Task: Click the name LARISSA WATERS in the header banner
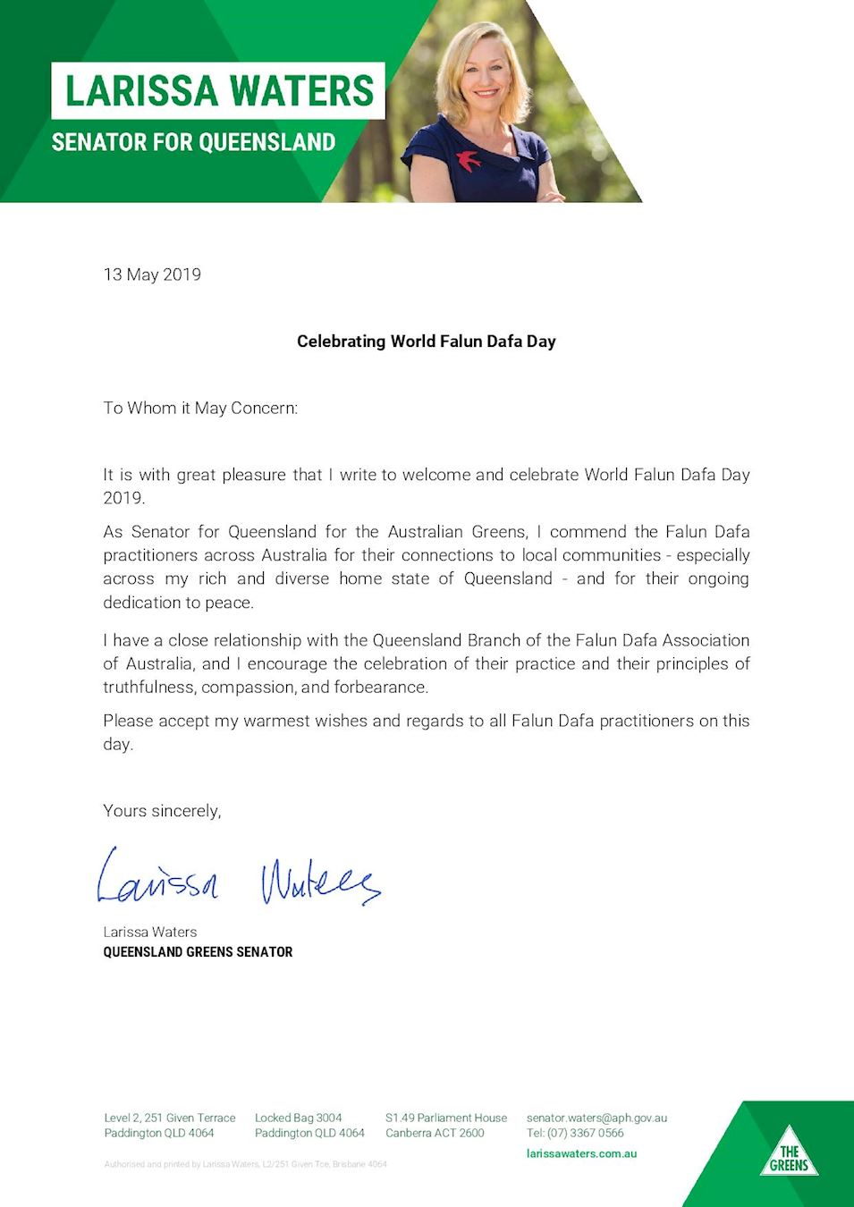click(219, 90)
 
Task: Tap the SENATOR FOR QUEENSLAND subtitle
click(193, 142)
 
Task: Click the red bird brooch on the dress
click(469, 160)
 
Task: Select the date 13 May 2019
click(152, 274)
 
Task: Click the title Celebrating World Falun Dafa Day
click(427, 342)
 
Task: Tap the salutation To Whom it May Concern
click(200, 409)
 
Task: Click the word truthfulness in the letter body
click(149, 688)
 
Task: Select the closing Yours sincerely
click(162, 811)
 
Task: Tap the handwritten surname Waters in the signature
click(320, 882)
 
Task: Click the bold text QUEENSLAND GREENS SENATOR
click(198, 952)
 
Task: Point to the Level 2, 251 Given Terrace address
click(170, 1118)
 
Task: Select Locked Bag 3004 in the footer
click(298, 1118)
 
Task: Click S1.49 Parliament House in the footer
click(446, 1118)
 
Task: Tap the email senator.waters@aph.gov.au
click(596, 1118)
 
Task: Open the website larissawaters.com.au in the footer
click(581, 1153)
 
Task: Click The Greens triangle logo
click(789, 1155)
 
